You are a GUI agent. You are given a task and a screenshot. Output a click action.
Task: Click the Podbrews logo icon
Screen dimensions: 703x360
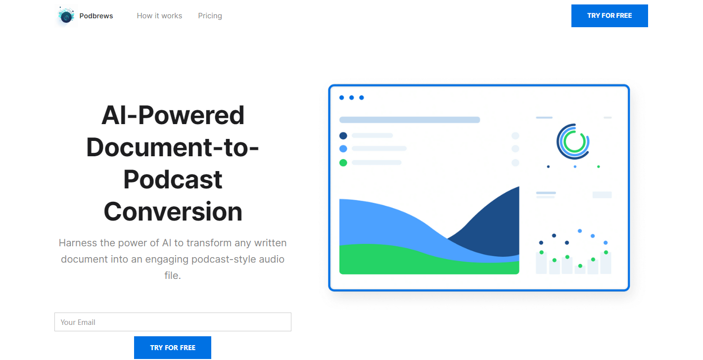point(66,16)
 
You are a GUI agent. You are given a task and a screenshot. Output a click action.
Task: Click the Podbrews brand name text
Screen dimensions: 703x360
point(96,16)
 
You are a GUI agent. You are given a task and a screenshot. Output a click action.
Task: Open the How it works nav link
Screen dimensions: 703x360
point(159,16)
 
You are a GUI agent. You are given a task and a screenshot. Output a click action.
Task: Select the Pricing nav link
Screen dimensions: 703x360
point(210,16)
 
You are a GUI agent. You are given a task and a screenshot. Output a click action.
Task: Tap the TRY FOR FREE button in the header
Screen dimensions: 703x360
point(609,16)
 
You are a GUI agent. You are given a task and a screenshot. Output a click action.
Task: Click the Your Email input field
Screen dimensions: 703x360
point(173,322)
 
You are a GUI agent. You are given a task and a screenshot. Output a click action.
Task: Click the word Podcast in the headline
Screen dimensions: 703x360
point(173,180)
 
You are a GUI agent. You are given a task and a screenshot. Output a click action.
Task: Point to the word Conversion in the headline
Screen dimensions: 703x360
point(173,211)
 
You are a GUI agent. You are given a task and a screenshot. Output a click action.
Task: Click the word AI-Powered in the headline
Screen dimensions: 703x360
point(173,115)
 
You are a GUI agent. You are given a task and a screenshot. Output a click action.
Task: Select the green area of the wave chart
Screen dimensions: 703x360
point(408,260)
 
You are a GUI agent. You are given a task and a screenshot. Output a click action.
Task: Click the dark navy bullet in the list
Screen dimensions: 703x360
point(343,135)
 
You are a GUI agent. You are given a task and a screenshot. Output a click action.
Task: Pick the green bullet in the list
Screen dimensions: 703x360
point(343,163)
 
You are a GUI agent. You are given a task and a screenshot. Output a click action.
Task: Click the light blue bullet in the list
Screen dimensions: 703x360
point(343,149)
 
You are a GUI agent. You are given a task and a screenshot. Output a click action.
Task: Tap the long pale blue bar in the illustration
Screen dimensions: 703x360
point(410,120)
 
